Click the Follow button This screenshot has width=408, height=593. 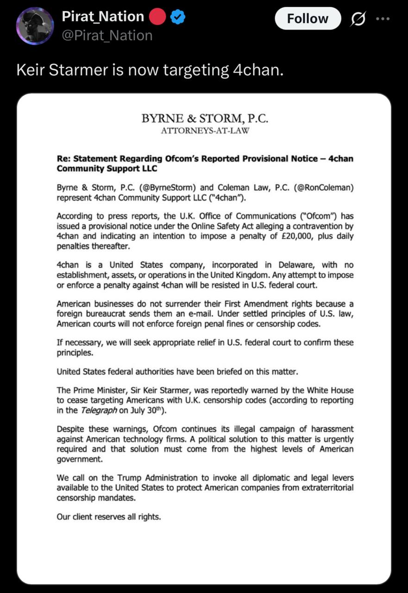(308, 19)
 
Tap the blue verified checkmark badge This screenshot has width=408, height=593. (178, 17)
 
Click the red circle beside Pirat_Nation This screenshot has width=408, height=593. (157, 17)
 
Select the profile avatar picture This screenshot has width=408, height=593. (35, 26)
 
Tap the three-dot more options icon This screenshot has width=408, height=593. (383, 19)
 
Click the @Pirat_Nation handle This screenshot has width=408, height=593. (107, 35)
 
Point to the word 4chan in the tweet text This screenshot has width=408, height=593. (257, 70)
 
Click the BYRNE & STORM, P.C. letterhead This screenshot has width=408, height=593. (205, 119)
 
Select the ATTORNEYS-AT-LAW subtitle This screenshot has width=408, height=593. (205, 130)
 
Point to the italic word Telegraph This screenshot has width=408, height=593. (99, 410)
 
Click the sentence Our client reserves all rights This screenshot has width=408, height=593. (109, 517)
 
